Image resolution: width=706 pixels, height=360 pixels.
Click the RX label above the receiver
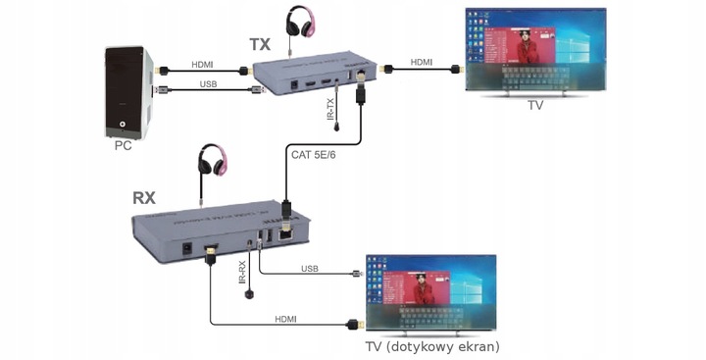[145, 197]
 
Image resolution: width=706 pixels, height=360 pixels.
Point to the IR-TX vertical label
[330, 107]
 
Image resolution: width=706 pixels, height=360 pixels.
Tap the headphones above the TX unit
[300, 22]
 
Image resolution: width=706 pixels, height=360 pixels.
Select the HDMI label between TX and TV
[421, 61]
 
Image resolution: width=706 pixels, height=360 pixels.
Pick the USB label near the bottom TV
[310, 267]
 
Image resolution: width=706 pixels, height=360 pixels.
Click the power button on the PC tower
[122, 125]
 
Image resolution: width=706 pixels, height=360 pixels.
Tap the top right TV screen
[535, 50]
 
